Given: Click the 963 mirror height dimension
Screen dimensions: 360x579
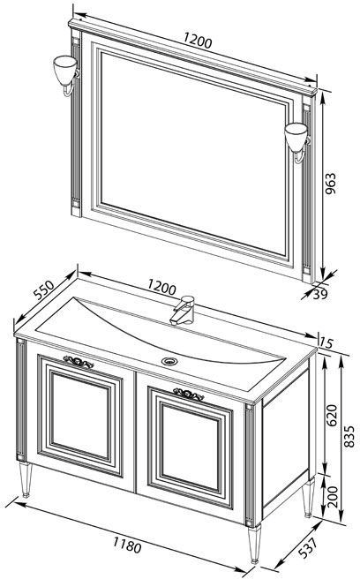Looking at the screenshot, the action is [x=331, y=184].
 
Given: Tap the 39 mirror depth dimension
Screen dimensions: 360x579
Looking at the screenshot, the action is [x=320, y=294].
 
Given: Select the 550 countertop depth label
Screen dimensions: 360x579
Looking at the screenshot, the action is [x=43, y=289].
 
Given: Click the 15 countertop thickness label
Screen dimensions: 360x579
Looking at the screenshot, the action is [x=326, y=342].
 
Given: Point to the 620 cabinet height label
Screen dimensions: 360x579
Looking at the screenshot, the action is [x=332, y=415].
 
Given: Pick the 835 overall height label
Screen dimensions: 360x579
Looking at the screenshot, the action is [x=349, y=437].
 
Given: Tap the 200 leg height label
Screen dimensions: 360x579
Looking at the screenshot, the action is [x=333, y=497].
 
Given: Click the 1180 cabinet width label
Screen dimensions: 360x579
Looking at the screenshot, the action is [x=127, y=545].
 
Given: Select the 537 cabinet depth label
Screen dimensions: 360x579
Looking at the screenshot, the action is [x=307, y=548].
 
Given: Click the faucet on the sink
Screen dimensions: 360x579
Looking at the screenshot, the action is [x=184, y=310].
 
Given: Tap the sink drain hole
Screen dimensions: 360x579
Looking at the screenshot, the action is [x=169, y=361].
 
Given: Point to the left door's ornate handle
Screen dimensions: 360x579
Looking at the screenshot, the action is [x=79, y=362].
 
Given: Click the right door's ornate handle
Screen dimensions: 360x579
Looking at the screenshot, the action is [x=188, y=395].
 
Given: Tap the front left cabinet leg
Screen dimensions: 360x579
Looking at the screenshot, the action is [x=25, y=479].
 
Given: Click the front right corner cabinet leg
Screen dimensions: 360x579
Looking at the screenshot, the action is [x=254, y=544].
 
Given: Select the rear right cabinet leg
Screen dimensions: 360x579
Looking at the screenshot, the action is [x=308, y=498].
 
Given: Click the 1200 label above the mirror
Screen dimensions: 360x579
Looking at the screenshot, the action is [x=198, y=41].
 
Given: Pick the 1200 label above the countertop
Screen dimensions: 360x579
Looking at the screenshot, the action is [x=161, y=287].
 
